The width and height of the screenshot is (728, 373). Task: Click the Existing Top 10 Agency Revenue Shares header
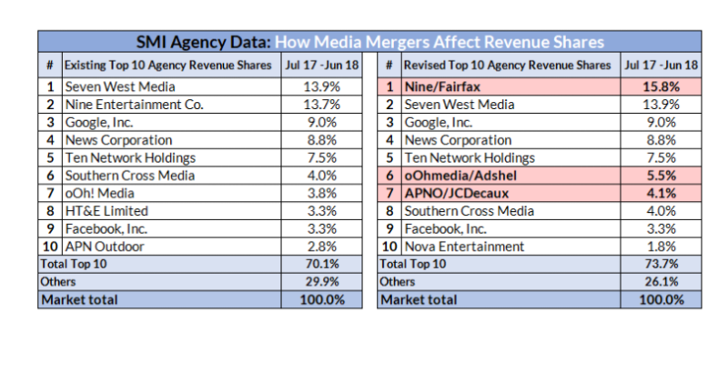tap(167, 66)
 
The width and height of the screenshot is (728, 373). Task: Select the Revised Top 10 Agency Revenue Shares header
tap(507, 66)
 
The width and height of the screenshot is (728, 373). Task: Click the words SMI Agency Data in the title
tap(203, 42)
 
